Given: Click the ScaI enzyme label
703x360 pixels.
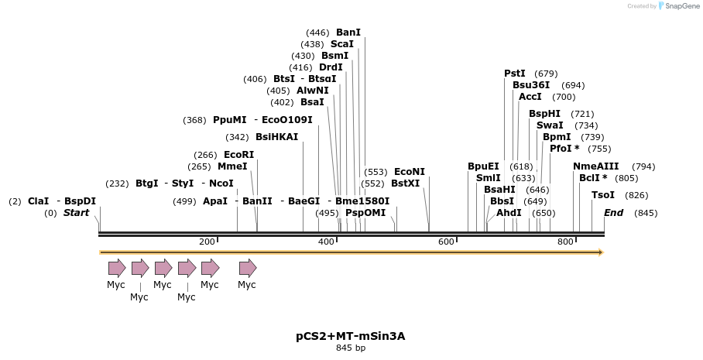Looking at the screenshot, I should coord(343,44).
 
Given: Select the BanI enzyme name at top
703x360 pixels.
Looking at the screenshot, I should coord(348,33).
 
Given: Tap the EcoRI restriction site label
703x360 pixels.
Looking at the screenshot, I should coord(238,155).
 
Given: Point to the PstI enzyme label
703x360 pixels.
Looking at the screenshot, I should coord(515,74).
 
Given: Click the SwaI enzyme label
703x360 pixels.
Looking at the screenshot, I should coord(550,125).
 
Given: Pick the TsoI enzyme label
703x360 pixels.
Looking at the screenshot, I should coord(603,195).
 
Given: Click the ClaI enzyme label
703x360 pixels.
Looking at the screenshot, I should coord(38,201).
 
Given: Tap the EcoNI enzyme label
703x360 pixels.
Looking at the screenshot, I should coord(410,172).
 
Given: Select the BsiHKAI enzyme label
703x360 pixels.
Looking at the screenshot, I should coord(276,137).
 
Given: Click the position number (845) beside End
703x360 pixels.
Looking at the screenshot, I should coord(646,213).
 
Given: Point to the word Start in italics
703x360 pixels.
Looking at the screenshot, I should coord(76,213).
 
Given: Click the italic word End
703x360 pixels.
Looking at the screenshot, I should coord(613,213).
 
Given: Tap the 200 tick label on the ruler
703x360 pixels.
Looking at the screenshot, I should coord(207,242).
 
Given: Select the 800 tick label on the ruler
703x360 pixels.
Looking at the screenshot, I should coord(565,242).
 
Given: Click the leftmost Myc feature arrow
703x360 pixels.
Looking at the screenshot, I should coord(116,268).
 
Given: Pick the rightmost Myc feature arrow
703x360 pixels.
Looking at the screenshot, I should coord(247,268).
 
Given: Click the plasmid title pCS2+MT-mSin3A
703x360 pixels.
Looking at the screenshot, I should coord(351,336).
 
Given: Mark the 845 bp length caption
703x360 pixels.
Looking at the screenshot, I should coord(351,348).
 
